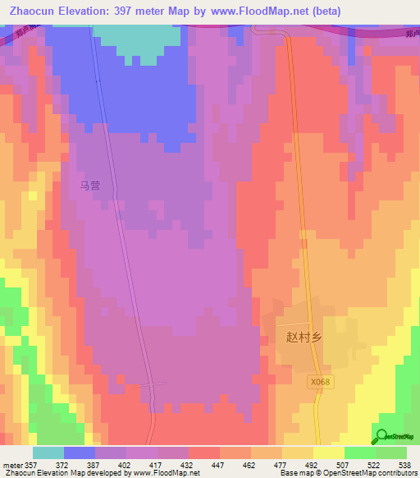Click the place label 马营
tap(89, 186)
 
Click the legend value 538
tap(405, 464)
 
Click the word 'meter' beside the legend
tap(11, 464)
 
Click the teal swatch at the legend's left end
tap(48, 453)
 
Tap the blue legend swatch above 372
tap(80, 453)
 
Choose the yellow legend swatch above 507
tap(328, 453)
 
